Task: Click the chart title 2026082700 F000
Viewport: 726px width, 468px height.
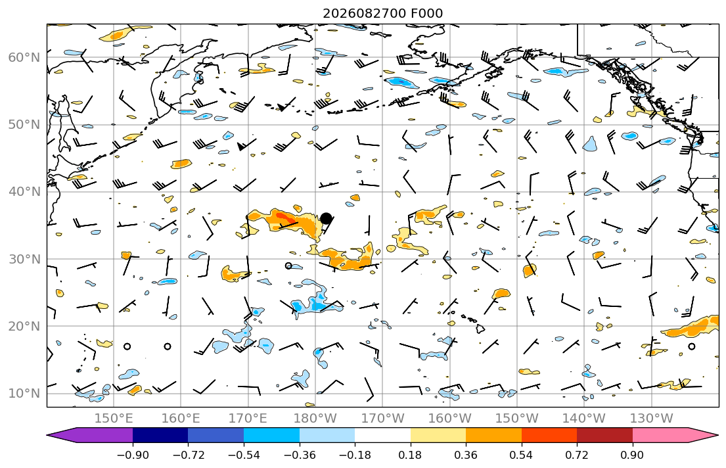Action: point(382,13)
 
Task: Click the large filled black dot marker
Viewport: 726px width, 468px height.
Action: point(326,218)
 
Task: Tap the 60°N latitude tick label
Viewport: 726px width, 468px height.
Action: point(24,57)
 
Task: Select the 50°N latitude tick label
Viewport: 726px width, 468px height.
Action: point(24,125)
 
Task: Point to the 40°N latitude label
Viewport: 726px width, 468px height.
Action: point(24,192)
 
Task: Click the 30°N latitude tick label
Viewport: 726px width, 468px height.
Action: point(24,259)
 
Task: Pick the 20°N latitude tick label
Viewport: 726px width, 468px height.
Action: point(24,326)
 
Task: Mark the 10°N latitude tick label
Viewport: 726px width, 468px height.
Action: point(24,394)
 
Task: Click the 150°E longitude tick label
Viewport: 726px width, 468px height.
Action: point(114,419)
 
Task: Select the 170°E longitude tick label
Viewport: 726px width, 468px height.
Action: point(248,419)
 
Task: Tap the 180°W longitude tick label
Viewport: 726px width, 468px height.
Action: point(315,419)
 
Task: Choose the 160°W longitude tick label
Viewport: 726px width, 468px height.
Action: point(449,419)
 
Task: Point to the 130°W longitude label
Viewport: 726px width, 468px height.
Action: point(652,419)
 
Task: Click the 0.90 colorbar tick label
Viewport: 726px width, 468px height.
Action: point(632,455)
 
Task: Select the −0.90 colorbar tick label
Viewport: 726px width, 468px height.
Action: point(133,455)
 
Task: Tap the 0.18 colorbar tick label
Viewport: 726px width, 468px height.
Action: point(410,455)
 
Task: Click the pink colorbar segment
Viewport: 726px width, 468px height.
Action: point(669,435)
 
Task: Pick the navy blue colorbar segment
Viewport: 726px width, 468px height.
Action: point(160,435)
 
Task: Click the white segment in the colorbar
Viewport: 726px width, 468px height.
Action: point(382,435)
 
